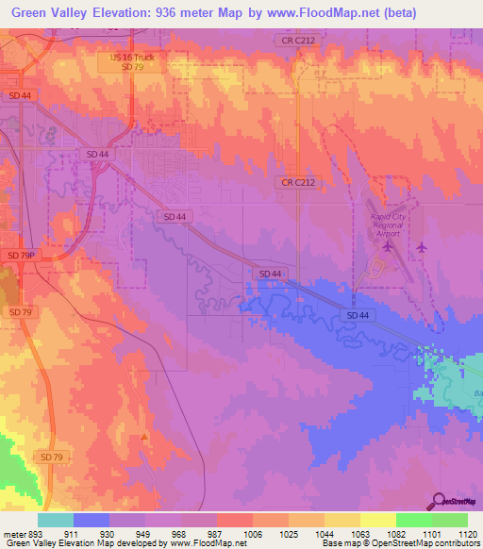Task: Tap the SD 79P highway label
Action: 20,256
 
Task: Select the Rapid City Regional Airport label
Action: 388,223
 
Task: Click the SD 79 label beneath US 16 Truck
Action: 131,68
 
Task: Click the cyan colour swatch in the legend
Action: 55,520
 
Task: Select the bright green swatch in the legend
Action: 413,520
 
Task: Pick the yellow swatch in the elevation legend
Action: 377,520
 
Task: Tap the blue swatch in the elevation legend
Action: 91,520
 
